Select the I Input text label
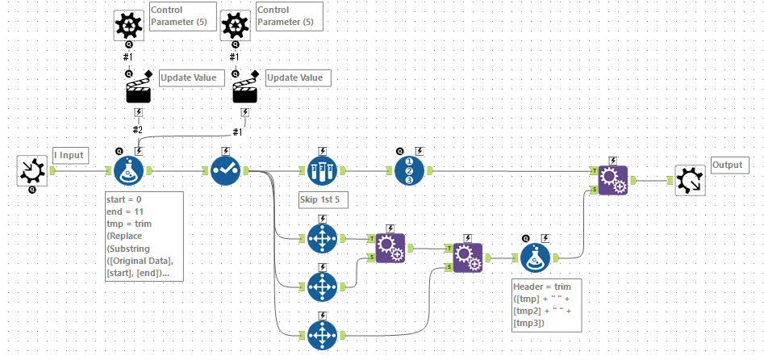tap(69, 154)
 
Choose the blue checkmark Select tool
tap(225, 171)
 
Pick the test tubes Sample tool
tap(323, 171)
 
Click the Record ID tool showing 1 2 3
tap(410, 171)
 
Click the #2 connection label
tap(138, 130)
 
